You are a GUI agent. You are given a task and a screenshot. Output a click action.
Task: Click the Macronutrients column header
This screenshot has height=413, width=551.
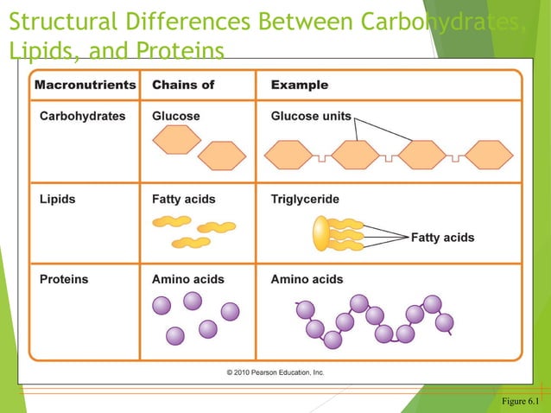click(85, 85)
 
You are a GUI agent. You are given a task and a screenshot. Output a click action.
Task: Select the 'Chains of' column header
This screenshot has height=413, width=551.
click(183, 85)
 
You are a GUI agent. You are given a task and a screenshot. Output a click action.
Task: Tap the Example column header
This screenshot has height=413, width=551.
click(299, 85)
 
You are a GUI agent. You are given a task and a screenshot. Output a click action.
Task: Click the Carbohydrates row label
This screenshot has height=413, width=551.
click(82, 116)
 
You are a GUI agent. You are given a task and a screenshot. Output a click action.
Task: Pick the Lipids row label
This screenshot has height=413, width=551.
click(57, 199)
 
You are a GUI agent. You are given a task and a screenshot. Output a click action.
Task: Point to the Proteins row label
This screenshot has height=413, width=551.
click(63, 279)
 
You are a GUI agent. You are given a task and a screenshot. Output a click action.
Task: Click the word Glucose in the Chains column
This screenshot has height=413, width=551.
click(175, 116)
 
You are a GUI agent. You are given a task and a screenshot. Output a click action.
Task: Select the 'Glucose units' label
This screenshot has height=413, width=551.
click(311, 116)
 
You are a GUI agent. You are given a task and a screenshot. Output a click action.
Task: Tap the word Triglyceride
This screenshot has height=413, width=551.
click(305, 199)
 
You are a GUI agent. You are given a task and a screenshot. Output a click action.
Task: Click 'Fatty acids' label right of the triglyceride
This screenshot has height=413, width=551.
click(442, 238)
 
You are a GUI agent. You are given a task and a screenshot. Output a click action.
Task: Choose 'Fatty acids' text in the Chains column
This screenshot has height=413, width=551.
click(183, 199)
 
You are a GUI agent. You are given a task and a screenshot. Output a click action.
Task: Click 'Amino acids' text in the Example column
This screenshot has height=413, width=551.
click(307, 279)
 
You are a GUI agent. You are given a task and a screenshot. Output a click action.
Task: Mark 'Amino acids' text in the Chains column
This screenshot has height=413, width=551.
click(187, 279)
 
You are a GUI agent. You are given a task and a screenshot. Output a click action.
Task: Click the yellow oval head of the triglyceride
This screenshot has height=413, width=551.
click(320, 234)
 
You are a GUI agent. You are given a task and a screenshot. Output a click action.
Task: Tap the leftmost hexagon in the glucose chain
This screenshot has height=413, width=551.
click(288, 156)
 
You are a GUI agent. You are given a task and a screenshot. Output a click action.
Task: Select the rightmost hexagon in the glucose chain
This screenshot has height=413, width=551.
click(489, 156)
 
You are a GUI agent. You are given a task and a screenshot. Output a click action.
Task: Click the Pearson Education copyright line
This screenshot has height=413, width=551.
click(275, 372)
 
